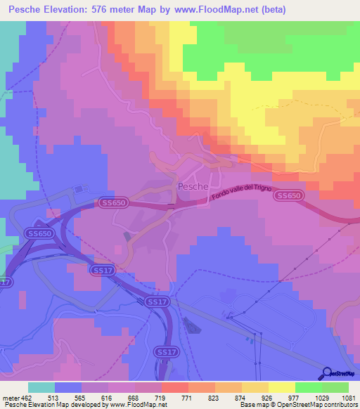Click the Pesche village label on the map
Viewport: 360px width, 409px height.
tap(192, 186)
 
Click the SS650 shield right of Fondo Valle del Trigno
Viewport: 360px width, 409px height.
tap(288, 196)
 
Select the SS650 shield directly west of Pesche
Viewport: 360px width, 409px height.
tap(112, 202)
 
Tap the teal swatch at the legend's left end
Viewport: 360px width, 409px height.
tap(41, 387)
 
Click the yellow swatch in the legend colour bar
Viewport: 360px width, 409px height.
tap(282, 387)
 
